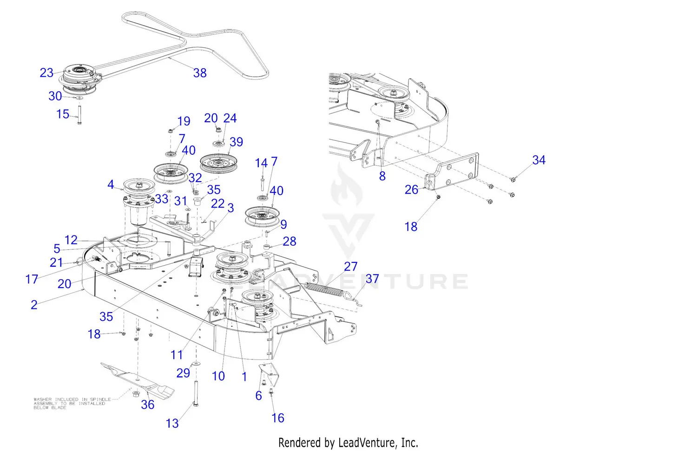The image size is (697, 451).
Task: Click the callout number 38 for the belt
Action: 200,73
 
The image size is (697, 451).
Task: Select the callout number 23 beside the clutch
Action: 46,73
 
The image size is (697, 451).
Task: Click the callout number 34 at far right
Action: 539,160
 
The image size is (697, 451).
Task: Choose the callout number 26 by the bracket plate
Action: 411,190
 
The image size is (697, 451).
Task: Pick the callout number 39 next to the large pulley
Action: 236,142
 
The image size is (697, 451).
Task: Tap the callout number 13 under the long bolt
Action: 172,424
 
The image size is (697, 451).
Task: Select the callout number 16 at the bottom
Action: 278,418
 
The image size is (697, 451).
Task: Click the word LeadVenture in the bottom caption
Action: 367,443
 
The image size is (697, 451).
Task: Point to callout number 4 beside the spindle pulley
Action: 111,185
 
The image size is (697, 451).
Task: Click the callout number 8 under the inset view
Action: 382,176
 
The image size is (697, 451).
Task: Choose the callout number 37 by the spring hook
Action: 372,279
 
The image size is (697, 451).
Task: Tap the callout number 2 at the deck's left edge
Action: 34,305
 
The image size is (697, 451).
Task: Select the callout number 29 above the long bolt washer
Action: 183,373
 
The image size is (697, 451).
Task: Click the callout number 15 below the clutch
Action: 63,114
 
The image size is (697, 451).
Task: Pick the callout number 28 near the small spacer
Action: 289,242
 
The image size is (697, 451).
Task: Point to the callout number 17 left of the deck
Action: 32,279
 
